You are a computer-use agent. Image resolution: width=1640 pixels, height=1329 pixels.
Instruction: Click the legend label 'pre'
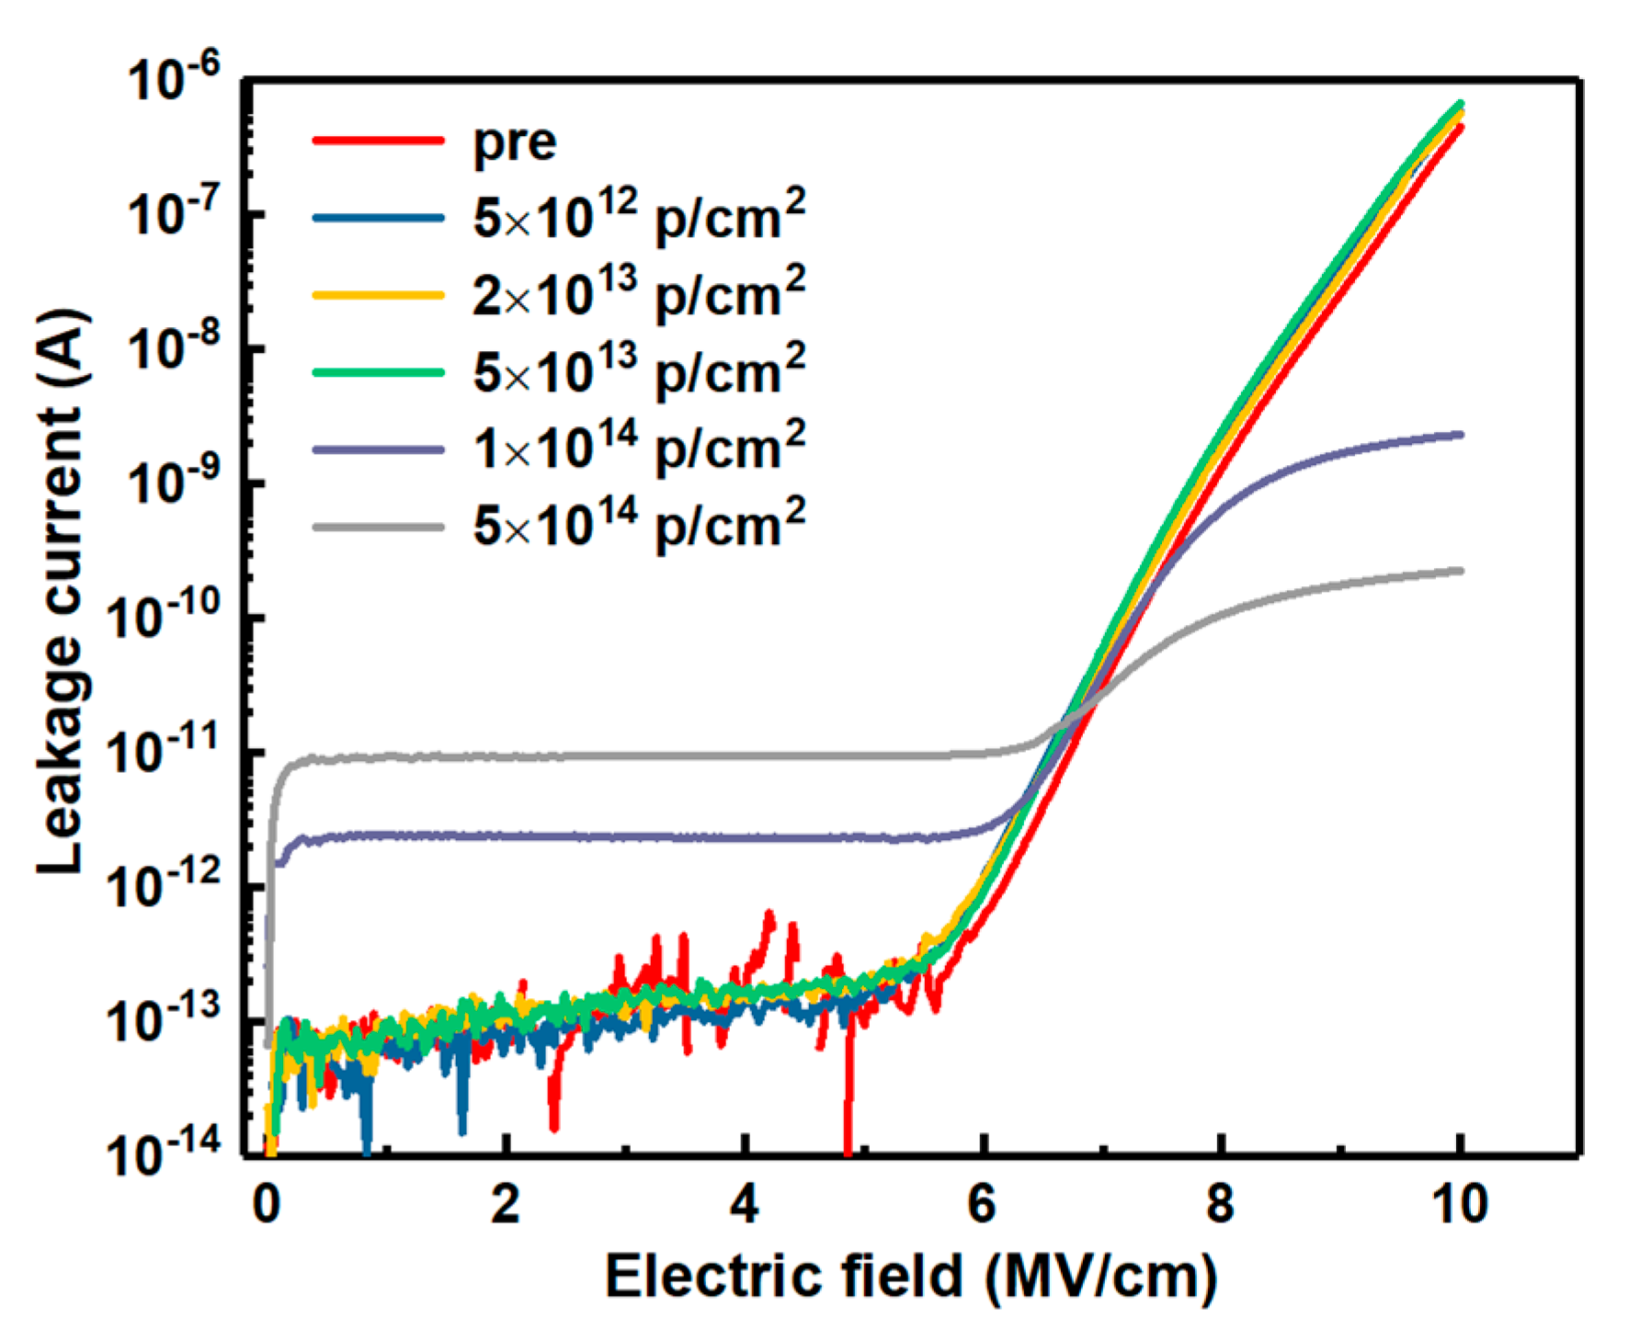point(514,143)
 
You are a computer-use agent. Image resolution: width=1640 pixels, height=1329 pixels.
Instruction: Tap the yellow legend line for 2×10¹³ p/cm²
point(379,295)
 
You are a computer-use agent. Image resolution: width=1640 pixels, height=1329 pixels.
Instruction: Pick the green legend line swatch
point(379,372)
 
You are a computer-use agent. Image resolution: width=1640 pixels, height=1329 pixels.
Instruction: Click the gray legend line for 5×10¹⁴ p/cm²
point(379,528)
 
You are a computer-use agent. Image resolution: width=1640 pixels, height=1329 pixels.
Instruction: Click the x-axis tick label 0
point(267,1204)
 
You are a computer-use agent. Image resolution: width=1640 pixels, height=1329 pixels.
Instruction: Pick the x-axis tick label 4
point(744,1204)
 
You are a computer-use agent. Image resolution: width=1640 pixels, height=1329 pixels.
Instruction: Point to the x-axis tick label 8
point(1221,1204)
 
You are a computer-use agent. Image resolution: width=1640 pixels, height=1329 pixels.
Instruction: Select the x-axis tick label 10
point(1460,1204)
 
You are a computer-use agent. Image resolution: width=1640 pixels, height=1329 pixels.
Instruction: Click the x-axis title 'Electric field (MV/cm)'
point(910,1278)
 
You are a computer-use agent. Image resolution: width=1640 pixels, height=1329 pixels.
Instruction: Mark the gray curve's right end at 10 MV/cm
point(1460,571)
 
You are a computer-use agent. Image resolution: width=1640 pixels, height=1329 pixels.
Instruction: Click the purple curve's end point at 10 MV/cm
point(1460,435)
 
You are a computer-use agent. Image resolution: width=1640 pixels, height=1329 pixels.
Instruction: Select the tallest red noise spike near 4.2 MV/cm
point(769,915)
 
